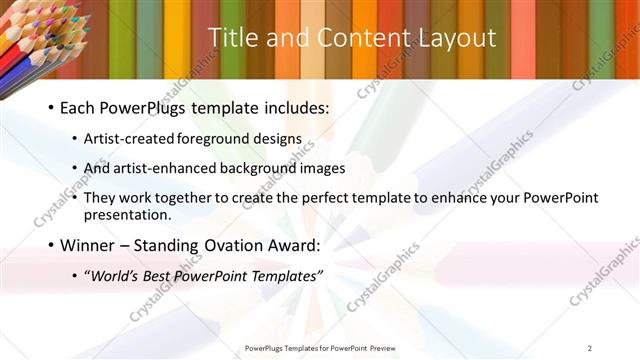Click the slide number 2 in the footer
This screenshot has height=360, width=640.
[x=589, y=347]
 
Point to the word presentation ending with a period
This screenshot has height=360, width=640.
[x=128, y=214]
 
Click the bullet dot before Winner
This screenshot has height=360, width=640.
[x=50, y=245]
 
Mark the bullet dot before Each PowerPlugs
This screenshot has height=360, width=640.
[x=50, y=107]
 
